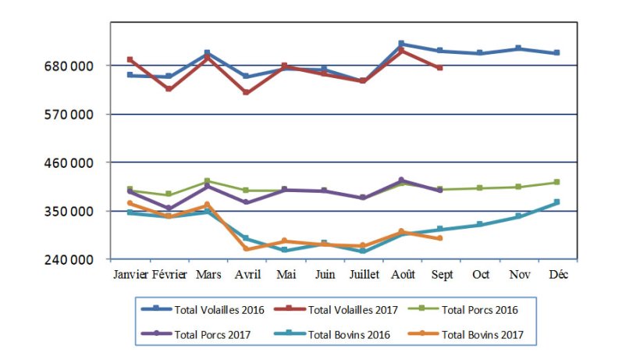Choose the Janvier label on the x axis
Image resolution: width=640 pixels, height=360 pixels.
[x=130, y=275]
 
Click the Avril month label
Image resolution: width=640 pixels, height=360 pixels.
[x=247, y=275]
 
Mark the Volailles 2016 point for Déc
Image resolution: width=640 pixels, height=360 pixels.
[x=556, y=53]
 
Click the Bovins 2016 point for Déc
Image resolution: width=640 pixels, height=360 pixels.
[x=556, y=202]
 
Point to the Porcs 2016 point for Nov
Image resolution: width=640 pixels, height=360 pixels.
[x=517, y=187]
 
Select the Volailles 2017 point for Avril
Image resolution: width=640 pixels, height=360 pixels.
[x=247, y=92]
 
